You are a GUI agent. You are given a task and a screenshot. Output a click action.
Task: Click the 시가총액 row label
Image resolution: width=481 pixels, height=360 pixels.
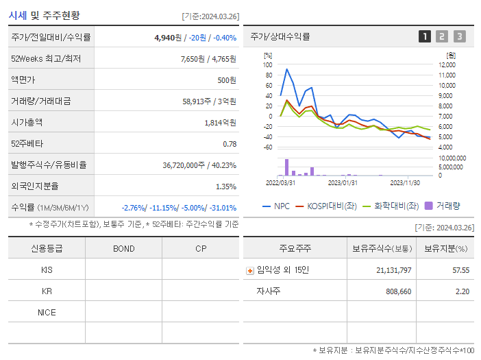pos(27,123)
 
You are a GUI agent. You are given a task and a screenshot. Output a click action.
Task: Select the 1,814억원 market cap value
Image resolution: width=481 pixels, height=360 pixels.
pos(220,123)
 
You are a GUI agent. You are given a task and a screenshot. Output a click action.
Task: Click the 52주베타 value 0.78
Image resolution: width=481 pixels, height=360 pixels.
pos(230,144)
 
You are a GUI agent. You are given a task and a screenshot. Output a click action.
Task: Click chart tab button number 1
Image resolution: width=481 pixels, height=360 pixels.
pos(425,36)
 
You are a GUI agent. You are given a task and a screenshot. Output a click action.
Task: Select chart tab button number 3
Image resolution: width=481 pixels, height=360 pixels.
pos(459,36)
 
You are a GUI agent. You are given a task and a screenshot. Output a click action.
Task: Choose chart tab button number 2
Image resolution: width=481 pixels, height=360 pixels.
pos(442,36)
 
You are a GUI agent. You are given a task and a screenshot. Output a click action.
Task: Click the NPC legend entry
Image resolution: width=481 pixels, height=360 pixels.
pos(276,206)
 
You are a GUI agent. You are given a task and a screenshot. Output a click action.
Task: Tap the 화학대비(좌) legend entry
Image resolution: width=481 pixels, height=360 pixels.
pos(391,206)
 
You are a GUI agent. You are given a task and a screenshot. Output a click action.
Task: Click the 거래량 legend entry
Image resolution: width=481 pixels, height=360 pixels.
pos(443,206)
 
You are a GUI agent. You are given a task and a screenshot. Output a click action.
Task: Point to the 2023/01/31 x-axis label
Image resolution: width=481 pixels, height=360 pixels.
pos(343,182)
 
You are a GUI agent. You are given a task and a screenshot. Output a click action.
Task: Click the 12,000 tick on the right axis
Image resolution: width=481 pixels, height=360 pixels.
pos(447,64)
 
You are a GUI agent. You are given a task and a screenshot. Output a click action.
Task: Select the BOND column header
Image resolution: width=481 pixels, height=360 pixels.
pos(123,248)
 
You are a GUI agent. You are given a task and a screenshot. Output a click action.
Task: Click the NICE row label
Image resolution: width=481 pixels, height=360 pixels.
pos(47,312)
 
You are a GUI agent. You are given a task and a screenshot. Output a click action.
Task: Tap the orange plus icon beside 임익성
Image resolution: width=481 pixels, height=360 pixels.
pos(250,270)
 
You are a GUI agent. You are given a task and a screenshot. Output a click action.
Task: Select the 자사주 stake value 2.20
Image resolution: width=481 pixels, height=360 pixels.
pos(462,291)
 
